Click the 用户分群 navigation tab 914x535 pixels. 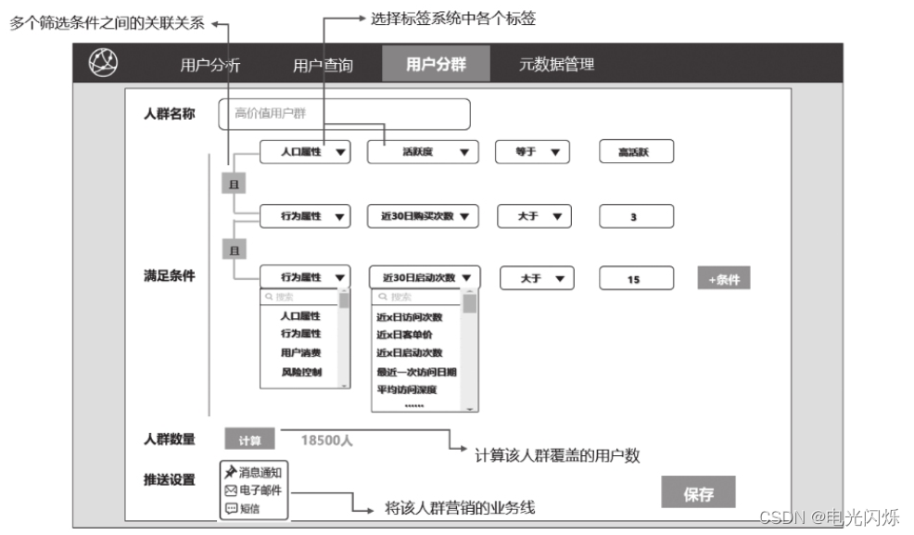coord(436,64)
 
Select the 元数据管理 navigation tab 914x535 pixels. coord(556,64)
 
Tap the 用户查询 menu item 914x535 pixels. coord(323,65)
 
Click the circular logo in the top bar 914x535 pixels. coord(103,62)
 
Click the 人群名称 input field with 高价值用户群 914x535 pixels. coord(344,114)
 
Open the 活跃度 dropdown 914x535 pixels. coord(423,152)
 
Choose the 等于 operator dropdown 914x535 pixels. coord(532,152)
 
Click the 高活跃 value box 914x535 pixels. coord(635,152)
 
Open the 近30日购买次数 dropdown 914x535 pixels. coord(423,217)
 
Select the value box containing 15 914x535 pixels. coord(635,278)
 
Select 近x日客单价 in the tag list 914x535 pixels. coord(404,335)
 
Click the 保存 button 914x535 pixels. coord(698,494)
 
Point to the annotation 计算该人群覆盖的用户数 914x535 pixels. coord(557,455)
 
